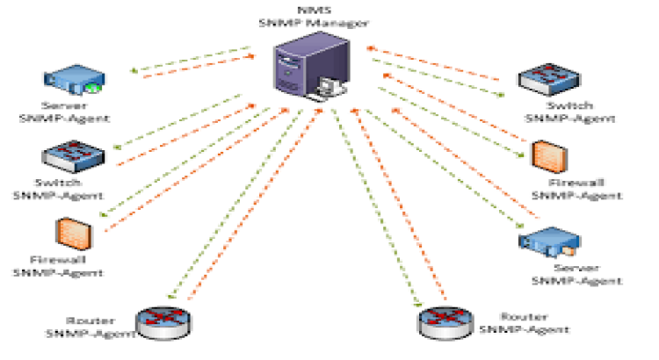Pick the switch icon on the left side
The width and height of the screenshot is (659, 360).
coord(74,158)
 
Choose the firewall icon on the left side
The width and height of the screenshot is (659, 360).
coord(67,231)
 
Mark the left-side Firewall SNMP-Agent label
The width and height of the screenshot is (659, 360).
coord(57,265)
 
